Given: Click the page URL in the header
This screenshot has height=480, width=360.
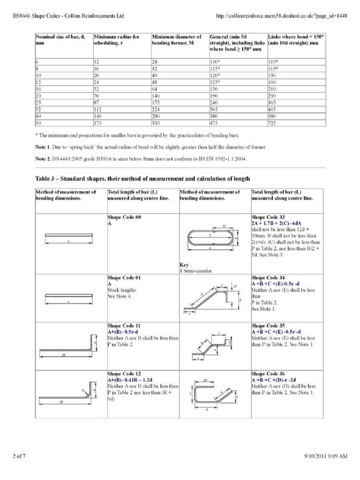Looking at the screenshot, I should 281,15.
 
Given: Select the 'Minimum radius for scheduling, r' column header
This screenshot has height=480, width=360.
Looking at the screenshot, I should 116,39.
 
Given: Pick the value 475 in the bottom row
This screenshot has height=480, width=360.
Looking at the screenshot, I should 215,123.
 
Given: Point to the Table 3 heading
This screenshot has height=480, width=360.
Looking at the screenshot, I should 143,179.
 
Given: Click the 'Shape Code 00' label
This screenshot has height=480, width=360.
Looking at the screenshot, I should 124,217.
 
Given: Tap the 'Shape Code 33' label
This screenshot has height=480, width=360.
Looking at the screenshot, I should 268,217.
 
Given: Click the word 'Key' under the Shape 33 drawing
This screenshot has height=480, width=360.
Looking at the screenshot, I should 184,264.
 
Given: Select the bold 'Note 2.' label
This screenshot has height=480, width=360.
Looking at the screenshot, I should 44,158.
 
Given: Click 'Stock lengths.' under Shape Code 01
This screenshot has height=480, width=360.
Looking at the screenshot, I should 121,290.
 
